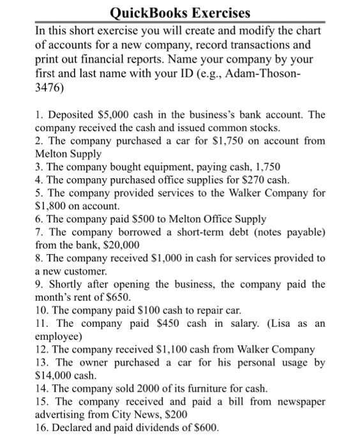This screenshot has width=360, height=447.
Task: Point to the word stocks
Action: click(250, 128)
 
